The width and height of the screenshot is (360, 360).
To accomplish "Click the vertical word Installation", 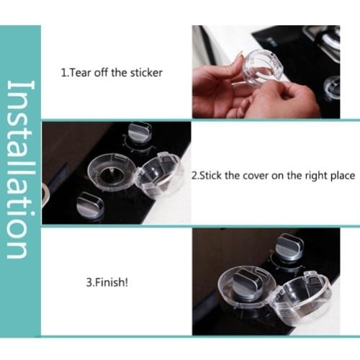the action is click(21, 169).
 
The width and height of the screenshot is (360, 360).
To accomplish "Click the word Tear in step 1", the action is click(80, 73).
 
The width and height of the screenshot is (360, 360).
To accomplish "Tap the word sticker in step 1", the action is click(146, 73).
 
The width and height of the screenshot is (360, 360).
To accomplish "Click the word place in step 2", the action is click(343, 176).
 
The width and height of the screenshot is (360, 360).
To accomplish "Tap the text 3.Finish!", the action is click(107, 282).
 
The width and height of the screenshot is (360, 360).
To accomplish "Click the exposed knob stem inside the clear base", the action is click(112, 170).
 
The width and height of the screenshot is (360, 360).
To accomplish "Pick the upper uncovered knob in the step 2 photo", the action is click(139, 131).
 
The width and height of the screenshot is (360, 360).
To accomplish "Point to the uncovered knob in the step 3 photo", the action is click(289, 247).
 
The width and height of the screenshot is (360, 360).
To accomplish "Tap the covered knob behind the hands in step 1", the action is click(332, 87).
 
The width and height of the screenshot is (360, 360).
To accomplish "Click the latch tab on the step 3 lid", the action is click(312, 279).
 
